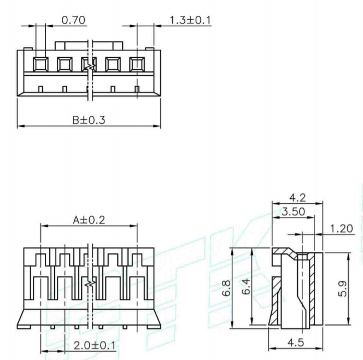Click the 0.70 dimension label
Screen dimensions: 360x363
[73, 20]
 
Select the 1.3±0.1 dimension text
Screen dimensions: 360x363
[190, 20]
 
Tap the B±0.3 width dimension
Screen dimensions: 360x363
[89, 120]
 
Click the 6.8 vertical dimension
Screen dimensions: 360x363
[225, 288]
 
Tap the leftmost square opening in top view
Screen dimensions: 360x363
[40, 64]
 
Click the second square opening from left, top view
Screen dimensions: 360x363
[64, 64]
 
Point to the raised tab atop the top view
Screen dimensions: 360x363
[90, 44]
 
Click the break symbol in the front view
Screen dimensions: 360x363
[91, 285]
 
